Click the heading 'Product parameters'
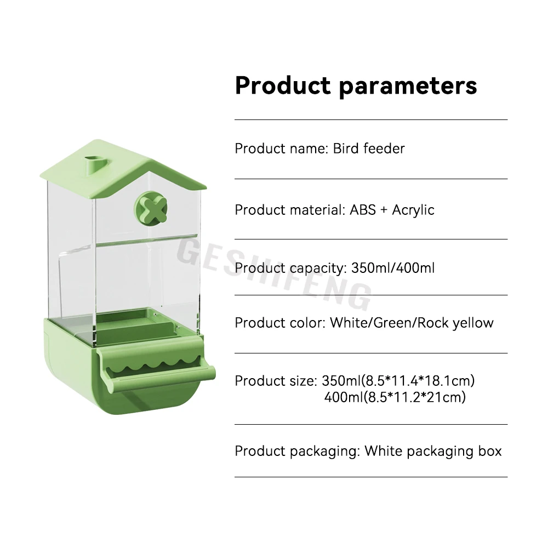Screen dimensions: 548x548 (x=356, y=86)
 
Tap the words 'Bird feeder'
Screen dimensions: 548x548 (x=369, y=149)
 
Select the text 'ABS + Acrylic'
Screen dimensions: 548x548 (x=392, y=210)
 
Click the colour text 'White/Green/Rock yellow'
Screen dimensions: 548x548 (x=412, y=323)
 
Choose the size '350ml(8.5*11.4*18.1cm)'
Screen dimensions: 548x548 (x=398, y=380)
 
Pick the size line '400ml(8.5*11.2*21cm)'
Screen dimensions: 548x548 (x=395, y=397)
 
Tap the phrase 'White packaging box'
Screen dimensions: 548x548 (x=433, y=451)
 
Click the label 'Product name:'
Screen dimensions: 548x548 (x=281, y=149)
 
